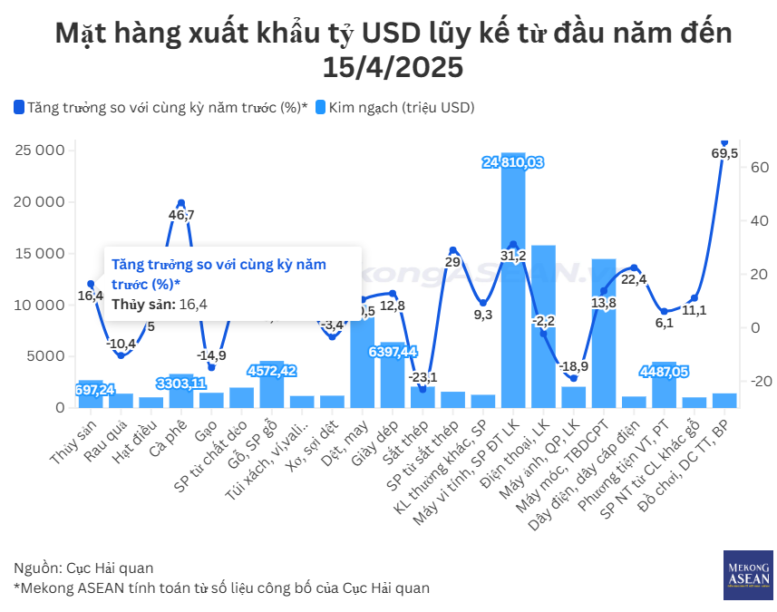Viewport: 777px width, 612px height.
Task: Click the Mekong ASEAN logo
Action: click(x=748, y=574)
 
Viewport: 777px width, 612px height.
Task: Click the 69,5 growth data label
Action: click(x=724, y=153)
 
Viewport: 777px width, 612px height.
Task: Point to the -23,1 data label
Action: click(x=423, y=376)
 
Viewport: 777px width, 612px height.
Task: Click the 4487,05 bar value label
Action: click(x=664, y=371)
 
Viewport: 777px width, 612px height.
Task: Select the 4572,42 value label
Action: click(x=272, y=371)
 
